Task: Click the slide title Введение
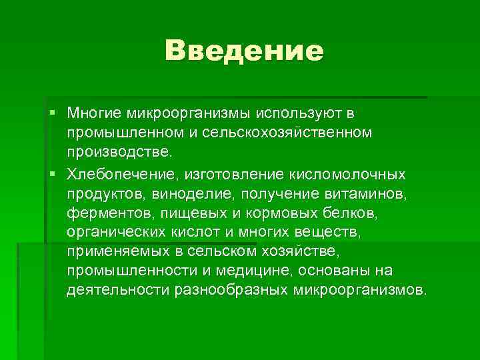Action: pos(244,51)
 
